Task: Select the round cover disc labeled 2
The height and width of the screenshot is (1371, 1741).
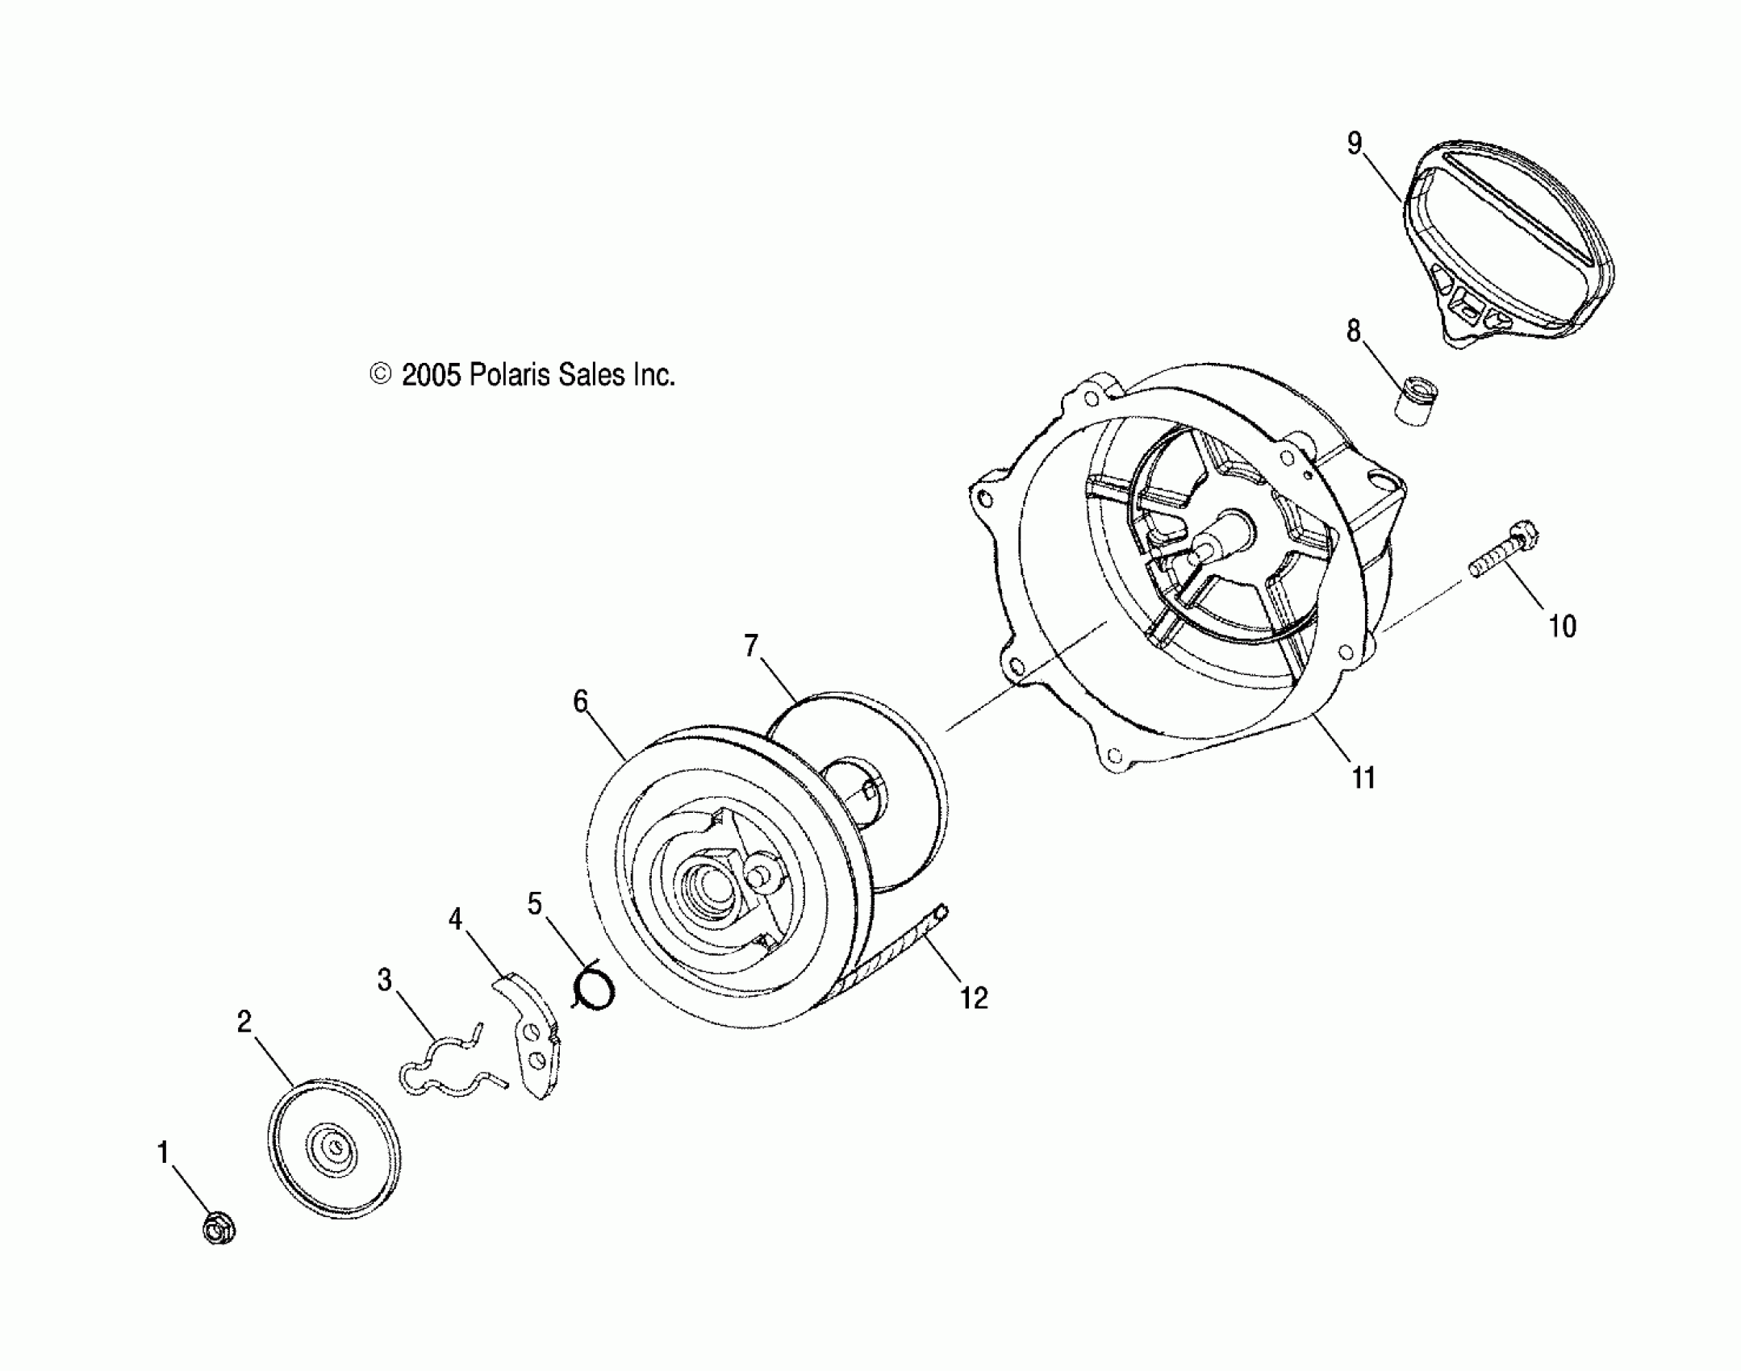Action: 334,1146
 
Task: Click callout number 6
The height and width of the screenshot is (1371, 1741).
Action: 580,702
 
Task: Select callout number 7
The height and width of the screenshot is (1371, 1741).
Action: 751,646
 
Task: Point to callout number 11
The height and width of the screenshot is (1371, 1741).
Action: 1363,778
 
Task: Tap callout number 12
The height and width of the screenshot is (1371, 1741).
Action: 974,998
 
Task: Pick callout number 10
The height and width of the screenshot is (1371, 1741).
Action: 1562,627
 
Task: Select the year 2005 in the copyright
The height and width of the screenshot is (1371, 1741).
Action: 431,375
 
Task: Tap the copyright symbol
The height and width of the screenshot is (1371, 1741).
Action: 380,374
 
